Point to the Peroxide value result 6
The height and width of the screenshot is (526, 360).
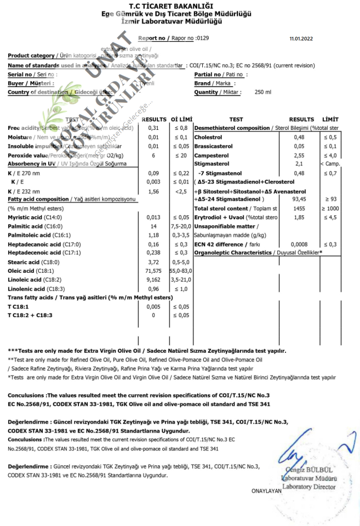(x=154, y=155)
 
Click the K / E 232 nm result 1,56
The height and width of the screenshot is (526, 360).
(x=154, y=191)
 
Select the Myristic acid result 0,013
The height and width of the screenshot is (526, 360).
(x=154, y=218)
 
